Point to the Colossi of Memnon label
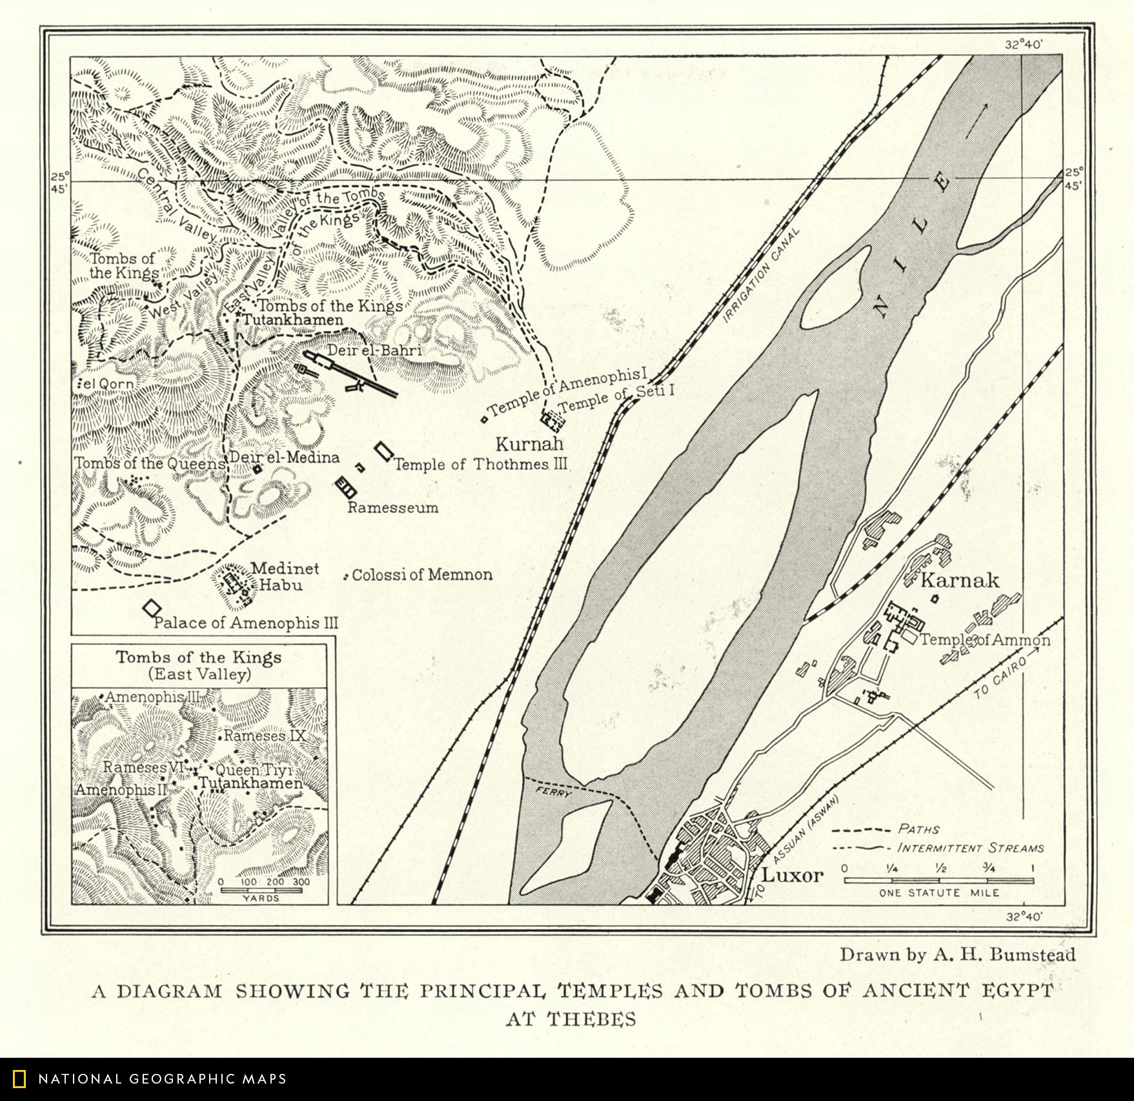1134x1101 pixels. tap(421, 574)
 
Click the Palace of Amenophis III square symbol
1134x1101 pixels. tap(152, 608)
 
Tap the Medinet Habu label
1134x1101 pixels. tap(276, 577)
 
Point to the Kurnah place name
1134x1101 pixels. tap(529, 444)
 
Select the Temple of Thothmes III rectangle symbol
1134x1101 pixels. tap(385, 450)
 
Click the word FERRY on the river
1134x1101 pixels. tap(554, 792)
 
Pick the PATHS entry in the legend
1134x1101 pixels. tap(918, 829)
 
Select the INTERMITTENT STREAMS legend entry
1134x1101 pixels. tap(971, 848)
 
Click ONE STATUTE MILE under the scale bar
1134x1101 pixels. tap(938, 893)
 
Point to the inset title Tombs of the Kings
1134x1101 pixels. tap(199, 658)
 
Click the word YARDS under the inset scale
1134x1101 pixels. tap(261, 898)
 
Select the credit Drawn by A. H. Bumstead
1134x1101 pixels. tap(957, 955)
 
